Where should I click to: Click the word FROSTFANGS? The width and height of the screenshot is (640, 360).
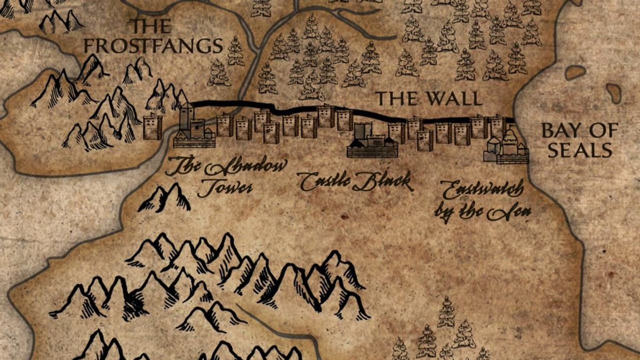pos(153,46)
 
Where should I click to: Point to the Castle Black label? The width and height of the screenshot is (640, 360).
pos(355,182)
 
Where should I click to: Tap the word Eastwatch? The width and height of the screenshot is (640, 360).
pos(475,189)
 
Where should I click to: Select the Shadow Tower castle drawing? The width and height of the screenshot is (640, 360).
pos(193,128)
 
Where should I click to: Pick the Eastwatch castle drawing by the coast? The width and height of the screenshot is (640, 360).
pos(506,147)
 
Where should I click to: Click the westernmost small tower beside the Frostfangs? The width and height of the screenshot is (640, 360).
pos(153,126)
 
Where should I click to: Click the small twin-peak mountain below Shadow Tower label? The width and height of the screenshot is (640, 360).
pos(165,198)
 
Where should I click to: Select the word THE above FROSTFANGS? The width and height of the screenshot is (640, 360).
pos(151,26)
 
